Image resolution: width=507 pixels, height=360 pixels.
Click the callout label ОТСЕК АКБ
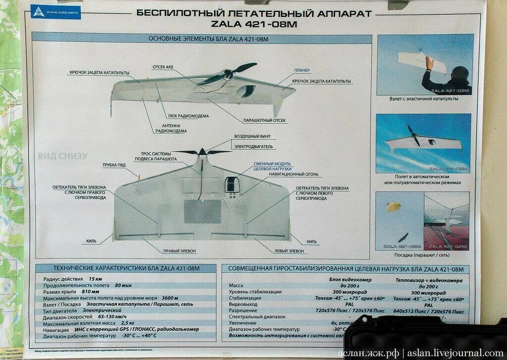click(164, 67)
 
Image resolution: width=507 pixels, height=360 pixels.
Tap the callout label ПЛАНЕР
click(302, 70)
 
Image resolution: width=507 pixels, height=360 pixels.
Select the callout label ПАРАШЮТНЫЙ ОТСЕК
click(264, 120)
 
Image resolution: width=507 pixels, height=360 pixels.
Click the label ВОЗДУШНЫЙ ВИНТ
click(252, 136)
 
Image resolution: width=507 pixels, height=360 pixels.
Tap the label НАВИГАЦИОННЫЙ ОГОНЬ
click(294, 174)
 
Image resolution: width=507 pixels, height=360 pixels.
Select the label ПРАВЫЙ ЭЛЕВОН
click(179, 251)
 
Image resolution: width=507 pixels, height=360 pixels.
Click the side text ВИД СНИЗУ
click(62, 156)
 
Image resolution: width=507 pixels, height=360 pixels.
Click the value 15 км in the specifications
click(95, 279)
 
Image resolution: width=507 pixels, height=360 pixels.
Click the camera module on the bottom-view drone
click(232, 185)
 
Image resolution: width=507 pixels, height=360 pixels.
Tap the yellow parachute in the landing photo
click(393, 206)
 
